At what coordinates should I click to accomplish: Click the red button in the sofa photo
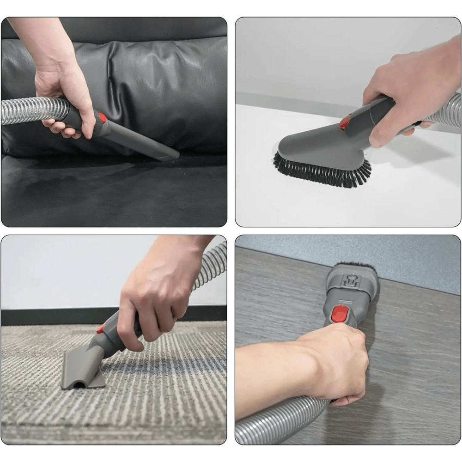(x=102, y=118)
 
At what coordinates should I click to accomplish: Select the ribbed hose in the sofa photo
(x=28, y=111)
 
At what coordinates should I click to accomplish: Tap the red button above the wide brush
(x=345, y=122)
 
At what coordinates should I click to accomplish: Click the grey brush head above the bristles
(x=314, y=143)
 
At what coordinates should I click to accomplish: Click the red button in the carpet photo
(x=100, y=329)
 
